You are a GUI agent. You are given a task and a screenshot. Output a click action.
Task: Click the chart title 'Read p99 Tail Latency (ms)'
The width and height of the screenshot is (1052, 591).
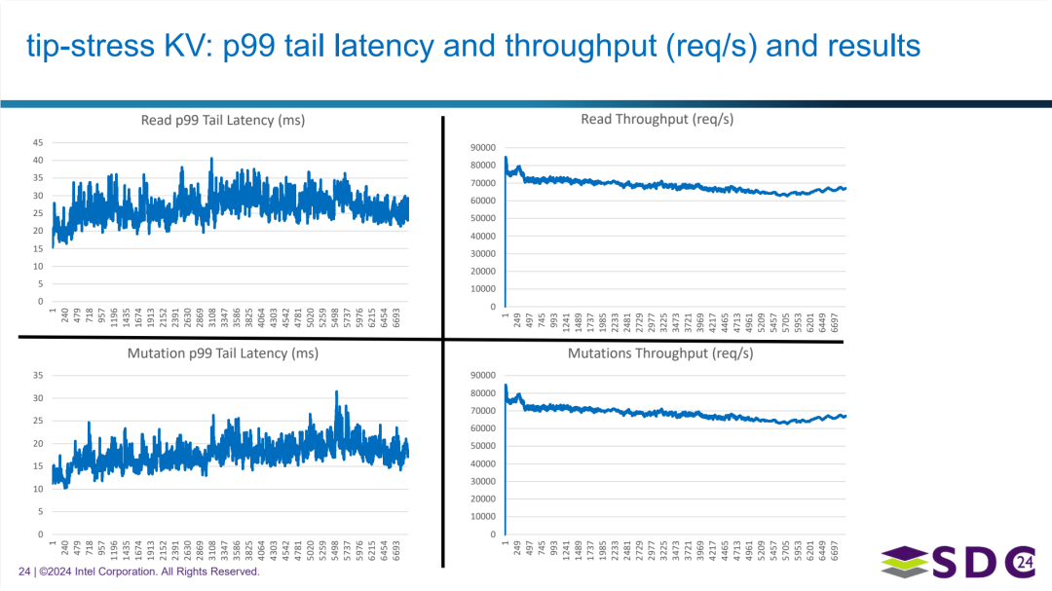[x=223, y=121]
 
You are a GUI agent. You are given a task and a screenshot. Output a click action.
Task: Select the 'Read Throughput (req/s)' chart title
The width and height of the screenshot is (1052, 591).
[x=657, y=119]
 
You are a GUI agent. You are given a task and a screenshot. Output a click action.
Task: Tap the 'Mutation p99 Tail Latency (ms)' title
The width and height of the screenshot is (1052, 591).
[x=223, y=353]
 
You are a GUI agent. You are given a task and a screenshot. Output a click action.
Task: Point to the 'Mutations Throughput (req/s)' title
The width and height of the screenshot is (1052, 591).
[x=659, y=353]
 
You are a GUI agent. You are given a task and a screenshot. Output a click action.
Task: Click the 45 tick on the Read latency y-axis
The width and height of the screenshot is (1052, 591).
[x=38, y=142]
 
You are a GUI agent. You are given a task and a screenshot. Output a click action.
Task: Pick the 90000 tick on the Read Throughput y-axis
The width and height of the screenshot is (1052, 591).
[x=483, y=148]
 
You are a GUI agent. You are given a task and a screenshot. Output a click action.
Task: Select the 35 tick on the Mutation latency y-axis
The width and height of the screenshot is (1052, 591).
[x=38, y=375]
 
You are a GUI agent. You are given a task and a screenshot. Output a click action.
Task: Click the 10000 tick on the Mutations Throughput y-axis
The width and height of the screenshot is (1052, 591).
[x=483, y=517]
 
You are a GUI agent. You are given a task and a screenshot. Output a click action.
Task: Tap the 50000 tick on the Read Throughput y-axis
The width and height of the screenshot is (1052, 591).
[x=483, y=218]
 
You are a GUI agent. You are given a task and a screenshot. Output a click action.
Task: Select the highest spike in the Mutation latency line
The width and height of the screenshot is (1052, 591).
[x=337, y=391]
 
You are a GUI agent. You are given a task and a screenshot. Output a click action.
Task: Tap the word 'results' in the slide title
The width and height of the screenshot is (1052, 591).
[x=874, y=46]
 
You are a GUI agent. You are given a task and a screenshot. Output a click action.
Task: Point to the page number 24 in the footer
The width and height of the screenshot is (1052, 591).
[x=24, y=572]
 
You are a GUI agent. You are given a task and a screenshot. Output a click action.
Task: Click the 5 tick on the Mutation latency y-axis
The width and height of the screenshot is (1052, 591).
[x=41, y=511]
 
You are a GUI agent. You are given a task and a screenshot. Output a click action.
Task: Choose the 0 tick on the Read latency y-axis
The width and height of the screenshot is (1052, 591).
[x=41, y=302]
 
